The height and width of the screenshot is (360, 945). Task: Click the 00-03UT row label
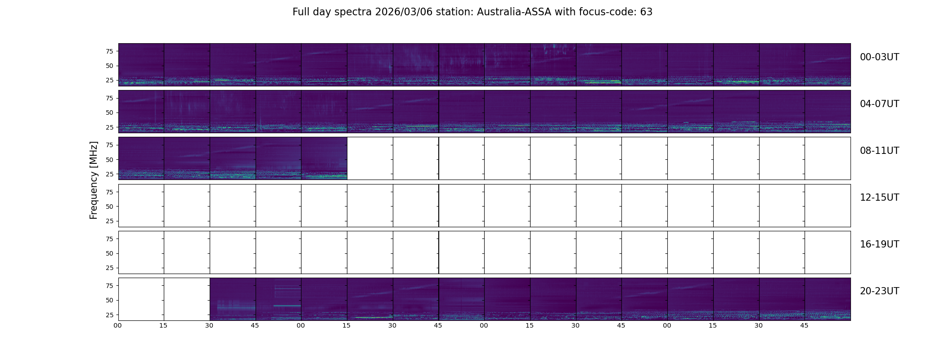[879, 57]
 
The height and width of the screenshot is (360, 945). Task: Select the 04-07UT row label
[879, 104]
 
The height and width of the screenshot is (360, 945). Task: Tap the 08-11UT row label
[879, 151]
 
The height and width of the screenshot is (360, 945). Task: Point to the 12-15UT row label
[879, 198]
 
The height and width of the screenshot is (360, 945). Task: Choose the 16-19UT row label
[879, 244]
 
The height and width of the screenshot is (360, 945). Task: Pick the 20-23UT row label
[879, 291]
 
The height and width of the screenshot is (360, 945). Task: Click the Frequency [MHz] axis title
[94, 180]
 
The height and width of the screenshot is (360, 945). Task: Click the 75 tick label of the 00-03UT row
[109, 51]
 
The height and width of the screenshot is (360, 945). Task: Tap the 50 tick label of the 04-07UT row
[109, 113]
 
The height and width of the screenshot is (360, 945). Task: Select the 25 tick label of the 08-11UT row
[109, 174]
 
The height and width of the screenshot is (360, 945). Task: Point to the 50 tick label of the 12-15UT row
[109, 207]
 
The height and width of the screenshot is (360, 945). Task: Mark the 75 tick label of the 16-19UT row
[109, 239]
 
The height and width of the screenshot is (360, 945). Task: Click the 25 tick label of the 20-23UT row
[109, 315]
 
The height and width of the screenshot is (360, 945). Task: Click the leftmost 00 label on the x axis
[118, 325]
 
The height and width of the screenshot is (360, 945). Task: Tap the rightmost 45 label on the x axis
[805, 325]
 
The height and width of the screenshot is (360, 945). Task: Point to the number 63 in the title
[646, 12]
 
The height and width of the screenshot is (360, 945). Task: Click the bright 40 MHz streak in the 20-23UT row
[287, 306]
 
